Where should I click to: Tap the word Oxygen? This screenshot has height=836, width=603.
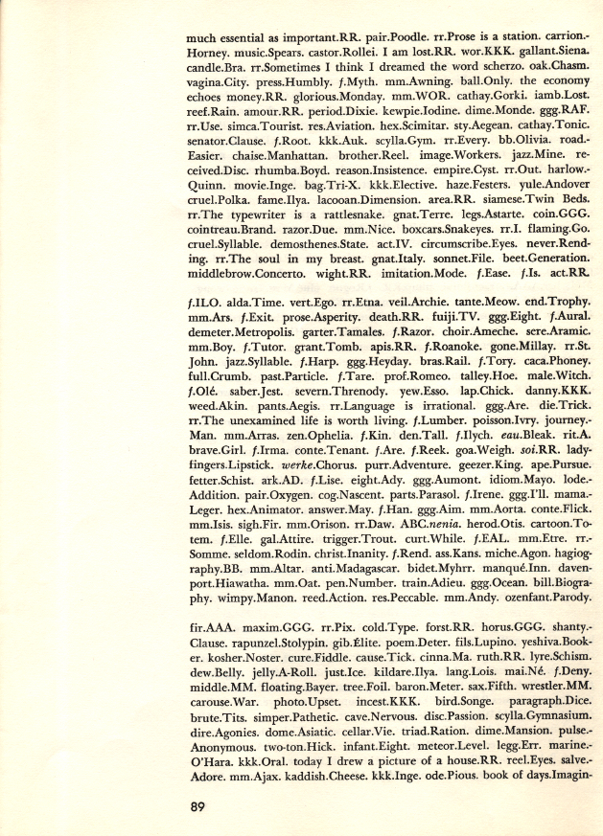click(260, 550)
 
